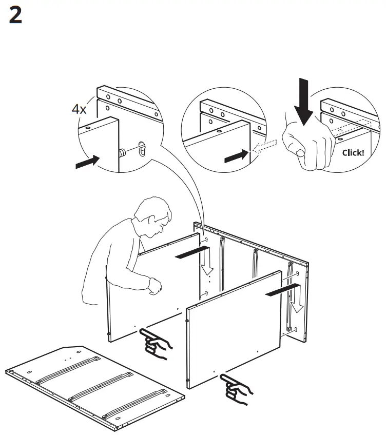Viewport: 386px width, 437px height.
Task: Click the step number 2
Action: click(x=15, y=15)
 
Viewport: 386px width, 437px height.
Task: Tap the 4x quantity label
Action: click(x=79, y=109)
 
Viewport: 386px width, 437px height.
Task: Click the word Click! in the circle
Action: click(x=353, y=153)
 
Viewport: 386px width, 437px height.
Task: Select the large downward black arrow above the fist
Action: click(x=304, y=102)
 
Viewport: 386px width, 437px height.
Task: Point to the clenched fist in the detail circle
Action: click(x=308, y=145)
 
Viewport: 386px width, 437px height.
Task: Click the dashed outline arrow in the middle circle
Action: click(x=264, y=146)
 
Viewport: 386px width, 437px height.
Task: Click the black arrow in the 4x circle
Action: click(x=88, y=162)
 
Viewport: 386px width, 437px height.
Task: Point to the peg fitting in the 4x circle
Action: click(x=122, y=153)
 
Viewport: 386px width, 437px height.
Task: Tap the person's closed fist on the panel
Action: click(x=155, y=286)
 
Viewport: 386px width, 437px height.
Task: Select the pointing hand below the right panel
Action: click(x=236, y=389)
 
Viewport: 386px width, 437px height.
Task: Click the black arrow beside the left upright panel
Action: click(x=192, y=252)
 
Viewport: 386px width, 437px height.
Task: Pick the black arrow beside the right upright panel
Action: click(x=283, y=290)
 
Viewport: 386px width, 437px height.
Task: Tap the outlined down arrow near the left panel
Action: click(x=207, y=261)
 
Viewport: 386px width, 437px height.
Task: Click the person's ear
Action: click(x=152, y=220)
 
